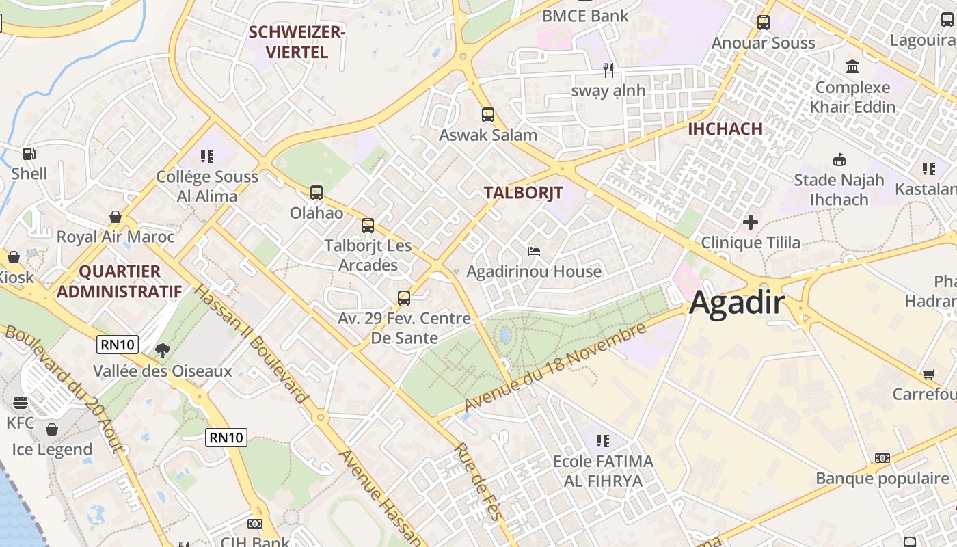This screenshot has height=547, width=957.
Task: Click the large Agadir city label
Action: pyautogui.click(x=737, y=302)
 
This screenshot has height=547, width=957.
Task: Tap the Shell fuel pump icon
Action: pyautogui.click(x=29, y=154)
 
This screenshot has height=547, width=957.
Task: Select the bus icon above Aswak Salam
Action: pyautogui.click(x=487, y=115)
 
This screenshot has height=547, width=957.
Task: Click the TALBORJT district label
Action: pyautogui.click(x=523, y=193)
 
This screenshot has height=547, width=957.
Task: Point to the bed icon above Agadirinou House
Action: pyautogui.click(x=534, y=252)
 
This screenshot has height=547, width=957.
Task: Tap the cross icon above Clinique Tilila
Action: pyautogui.click(x=751, y=222)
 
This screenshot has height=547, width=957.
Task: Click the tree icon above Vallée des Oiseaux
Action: pyautogui.click(x=163, y=351)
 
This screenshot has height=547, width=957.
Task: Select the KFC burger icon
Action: pyautogui.click(x=20, y=402)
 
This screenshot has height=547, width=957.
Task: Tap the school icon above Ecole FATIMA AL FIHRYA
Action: pyautogui.click(x=602, y=441)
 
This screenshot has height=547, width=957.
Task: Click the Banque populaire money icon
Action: pyautogui.click(x=882, y=458)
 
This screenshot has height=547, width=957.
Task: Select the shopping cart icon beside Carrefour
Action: pyautogui.click(x=928, y=374)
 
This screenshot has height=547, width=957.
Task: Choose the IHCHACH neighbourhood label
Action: pyautogui.click(x=725, y=129)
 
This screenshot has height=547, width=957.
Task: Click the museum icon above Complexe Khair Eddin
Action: pyautogui.click(x=852, y=67)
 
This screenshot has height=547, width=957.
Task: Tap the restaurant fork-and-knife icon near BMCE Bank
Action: pyautogui.click(x=608, y=70)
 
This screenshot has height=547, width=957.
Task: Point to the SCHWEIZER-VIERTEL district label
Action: pyautogui.click(x=297, y=42)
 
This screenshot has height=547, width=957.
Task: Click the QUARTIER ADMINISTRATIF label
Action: pyautogui.click(x=119, y=281)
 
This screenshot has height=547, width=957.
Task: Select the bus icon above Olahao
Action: pyautogui.click(x=316, y=193)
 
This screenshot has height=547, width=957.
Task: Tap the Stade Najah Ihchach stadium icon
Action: pyautogui.click(x=839, y=160)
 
